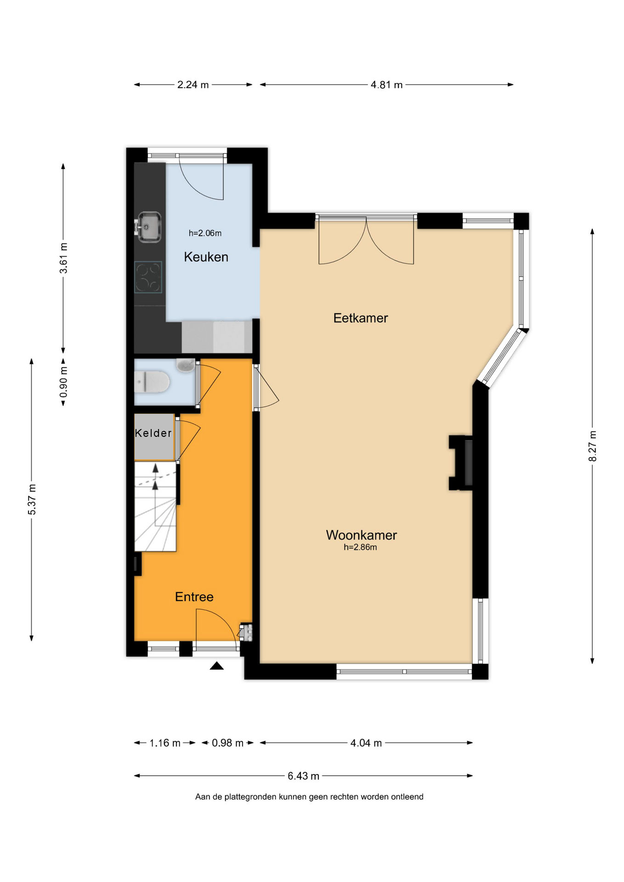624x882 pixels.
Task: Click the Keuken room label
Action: click(206, 257)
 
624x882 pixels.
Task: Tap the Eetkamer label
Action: click(361, 318)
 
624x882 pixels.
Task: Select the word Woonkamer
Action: click(361, 535)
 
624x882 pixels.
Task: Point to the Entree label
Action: click(194, 597)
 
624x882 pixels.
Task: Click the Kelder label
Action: click(153, 433)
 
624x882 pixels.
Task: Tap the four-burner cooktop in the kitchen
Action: click(148, 277)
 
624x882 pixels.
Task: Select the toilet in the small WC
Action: click(152, 382)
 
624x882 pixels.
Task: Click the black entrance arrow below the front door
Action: click(217, 666)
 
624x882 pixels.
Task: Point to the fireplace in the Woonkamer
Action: click(461, 463)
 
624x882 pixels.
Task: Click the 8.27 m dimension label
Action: click(593, 446)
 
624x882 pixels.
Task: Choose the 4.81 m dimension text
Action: click(386, 85)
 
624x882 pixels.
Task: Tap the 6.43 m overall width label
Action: click(303, 776)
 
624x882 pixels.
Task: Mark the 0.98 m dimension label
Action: click(227, 743)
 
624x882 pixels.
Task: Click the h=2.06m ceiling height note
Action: click(205, 233)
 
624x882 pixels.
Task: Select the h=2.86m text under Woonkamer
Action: click(360, 547)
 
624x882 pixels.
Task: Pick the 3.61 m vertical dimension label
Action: click(63, 258)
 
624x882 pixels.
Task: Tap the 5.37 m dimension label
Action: click(32, 499)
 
